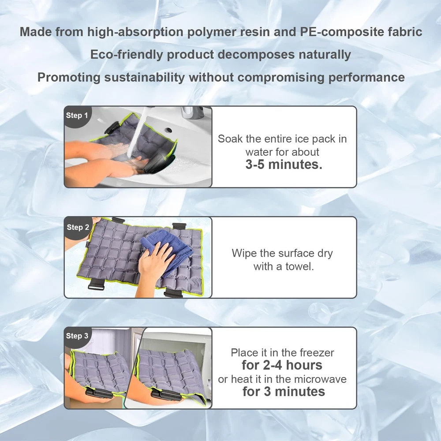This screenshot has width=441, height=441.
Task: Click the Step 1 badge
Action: tap(76, 115)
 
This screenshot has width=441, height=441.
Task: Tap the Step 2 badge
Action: tap(77, 227)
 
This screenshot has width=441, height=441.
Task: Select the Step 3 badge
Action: tap(76, 336)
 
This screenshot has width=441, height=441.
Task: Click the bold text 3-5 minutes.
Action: tap(284, 164)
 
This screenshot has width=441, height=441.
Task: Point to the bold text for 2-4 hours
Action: tap(282, 365)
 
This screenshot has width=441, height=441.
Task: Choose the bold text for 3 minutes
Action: tap(284, 392)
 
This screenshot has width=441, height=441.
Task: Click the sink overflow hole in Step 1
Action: tap(168, 130)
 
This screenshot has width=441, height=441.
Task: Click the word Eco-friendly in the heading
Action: tap(127, 55)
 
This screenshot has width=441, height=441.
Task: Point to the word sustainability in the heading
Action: tap(145, 77)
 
